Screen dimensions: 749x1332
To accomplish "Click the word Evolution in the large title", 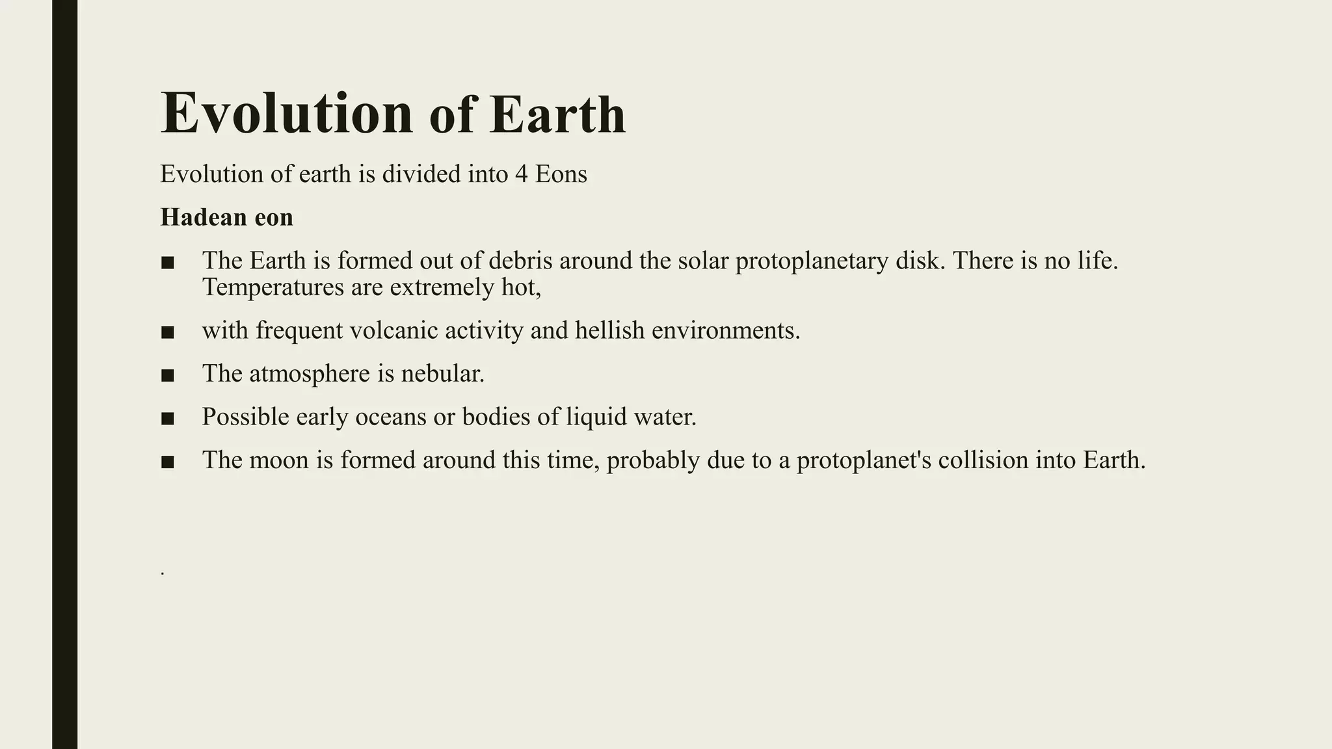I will [287, 114].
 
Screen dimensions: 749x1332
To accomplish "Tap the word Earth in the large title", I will [557, 115].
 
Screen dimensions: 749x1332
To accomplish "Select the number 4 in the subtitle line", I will [521, 174].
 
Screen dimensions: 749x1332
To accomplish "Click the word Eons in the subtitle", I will [561, 174].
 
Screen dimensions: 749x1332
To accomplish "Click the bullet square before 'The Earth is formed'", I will [167, 263].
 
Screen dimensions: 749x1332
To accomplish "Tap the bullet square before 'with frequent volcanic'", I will [167, 332].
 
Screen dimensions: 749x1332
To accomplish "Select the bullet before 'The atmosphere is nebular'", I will [167, 375].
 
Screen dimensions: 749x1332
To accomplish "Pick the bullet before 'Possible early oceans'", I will [167, 419].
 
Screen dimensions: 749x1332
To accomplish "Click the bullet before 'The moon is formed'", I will [167, 462].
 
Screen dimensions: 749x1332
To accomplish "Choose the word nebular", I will [442, 374].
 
